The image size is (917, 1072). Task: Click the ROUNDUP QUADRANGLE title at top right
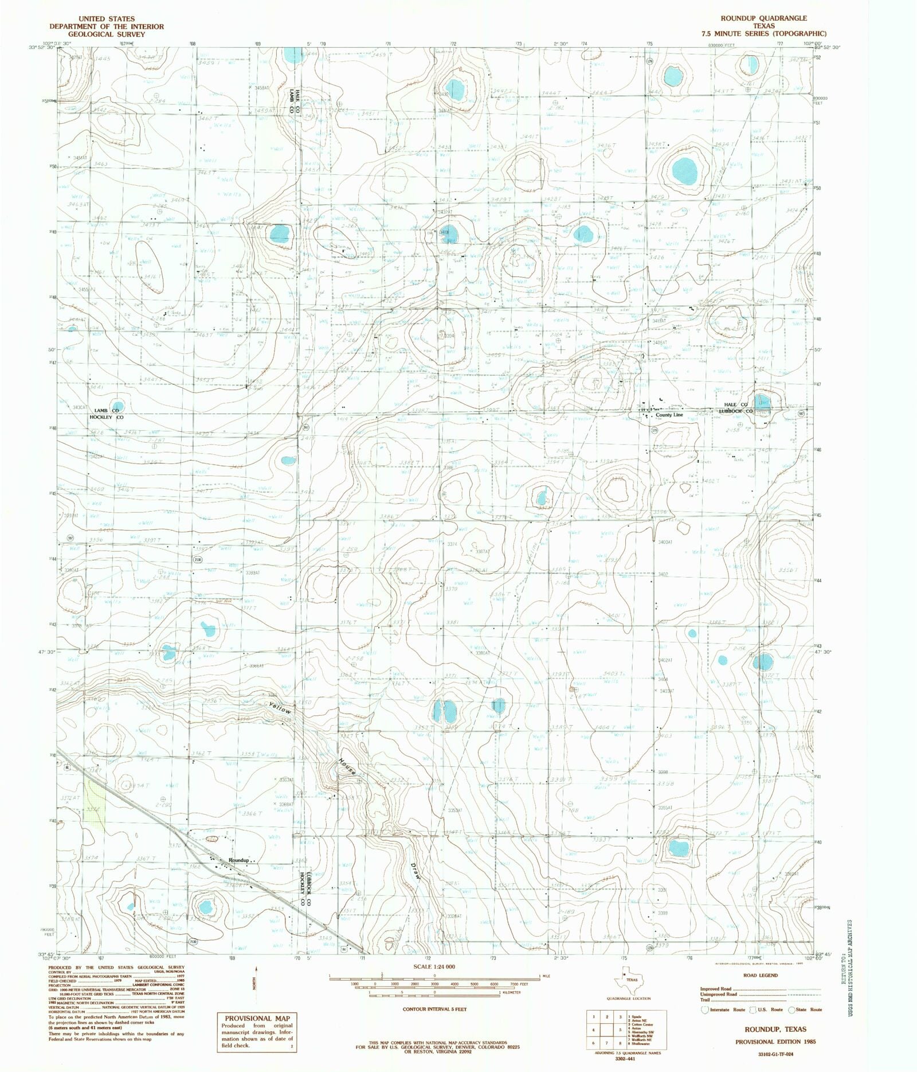pos(764,18)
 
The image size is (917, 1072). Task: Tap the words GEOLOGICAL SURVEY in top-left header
pos(106,34)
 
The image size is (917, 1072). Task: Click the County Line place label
pos(669,415)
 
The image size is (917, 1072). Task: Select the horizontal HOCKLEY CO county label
pos(106,418)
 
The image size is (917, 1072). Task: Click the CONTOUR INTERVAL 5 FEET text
pos(434,1009)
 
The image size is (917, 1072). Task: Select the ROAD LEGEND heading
pos(761,975)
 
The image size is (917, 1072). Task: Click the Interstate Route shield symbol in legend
pos(704,1009)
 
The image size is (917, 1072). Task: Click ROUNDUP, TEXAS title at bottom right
pos(775,1030)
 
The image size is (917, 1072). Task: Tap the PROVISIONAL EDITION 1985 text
pos(776,1042)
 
